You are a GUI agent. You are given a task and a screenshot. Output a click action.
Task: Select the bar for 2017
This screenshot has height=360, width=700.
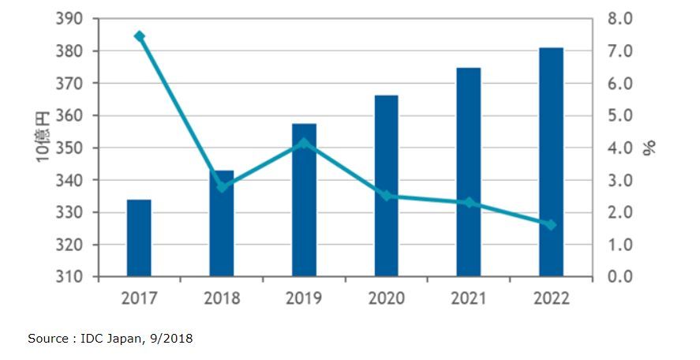point(139,238)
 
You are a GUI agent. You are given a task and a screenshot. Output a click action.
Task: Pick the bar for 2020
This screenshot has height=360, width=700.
point(386,186)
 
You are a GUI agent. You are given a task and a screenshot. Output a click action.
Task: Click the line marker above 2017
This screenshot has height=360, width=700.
point(140,36)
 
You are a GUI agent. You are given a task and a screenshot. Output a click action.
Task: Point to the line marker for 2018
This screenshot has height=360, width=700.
point(222,187)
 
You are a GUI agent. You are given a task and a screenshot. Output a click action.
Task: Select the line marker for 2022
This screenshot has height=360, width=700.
point(551,225)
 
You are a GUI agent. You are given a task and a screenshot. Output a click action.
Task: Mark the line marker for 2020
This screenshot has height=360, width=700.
point(386,195)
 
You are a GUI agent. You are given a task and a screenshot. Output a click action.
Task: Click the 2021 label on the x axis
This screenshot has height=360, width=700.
point(468,298)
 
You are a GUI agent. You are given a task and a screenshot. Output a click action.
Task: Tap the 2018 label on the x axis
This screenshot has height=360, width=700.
point(222,298)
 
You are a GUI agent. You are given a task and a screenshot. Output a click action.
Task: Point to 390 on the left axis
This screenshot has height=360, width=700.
point(69,19)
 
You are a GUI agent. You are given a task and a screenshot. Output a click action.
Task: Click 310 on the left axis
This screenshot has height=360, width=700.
point(69,277)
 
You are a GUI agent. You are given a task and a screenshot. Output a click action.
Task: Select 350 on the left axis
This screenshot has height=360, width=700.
point(69,148)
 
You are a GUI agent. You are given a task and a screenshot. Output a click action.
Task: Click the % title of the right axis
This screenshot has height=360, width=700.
point(650,148)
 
